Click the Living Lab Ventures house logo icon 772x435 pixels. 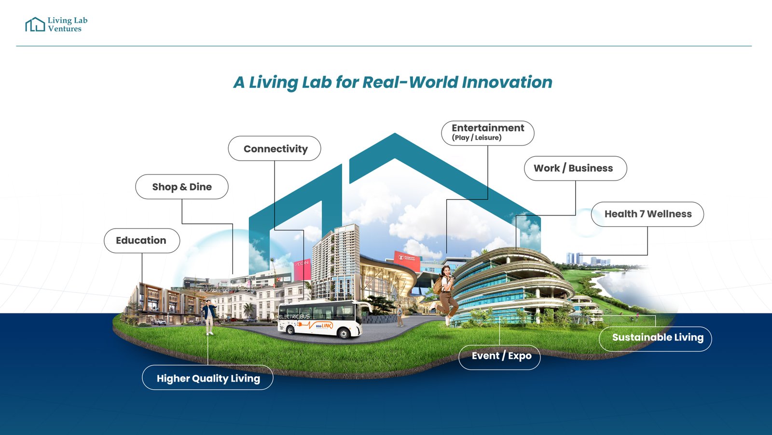point(35,25)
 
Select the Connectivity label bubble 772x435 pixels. point(275,149)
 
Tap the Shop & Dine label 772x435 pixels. point(182,187)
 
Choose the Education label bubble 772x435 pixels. point(141,240)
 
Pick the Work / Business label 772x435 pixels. point(575,168)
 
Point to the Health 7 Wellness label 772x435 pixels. point(647,214)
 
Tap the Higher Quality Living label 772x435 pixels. point(207,378)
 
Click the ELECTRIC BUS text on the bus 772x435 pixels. point(294,316)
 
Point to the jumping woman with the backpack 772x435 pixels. point(446,292)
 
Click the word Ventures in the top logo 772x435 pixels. point(65,29)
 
